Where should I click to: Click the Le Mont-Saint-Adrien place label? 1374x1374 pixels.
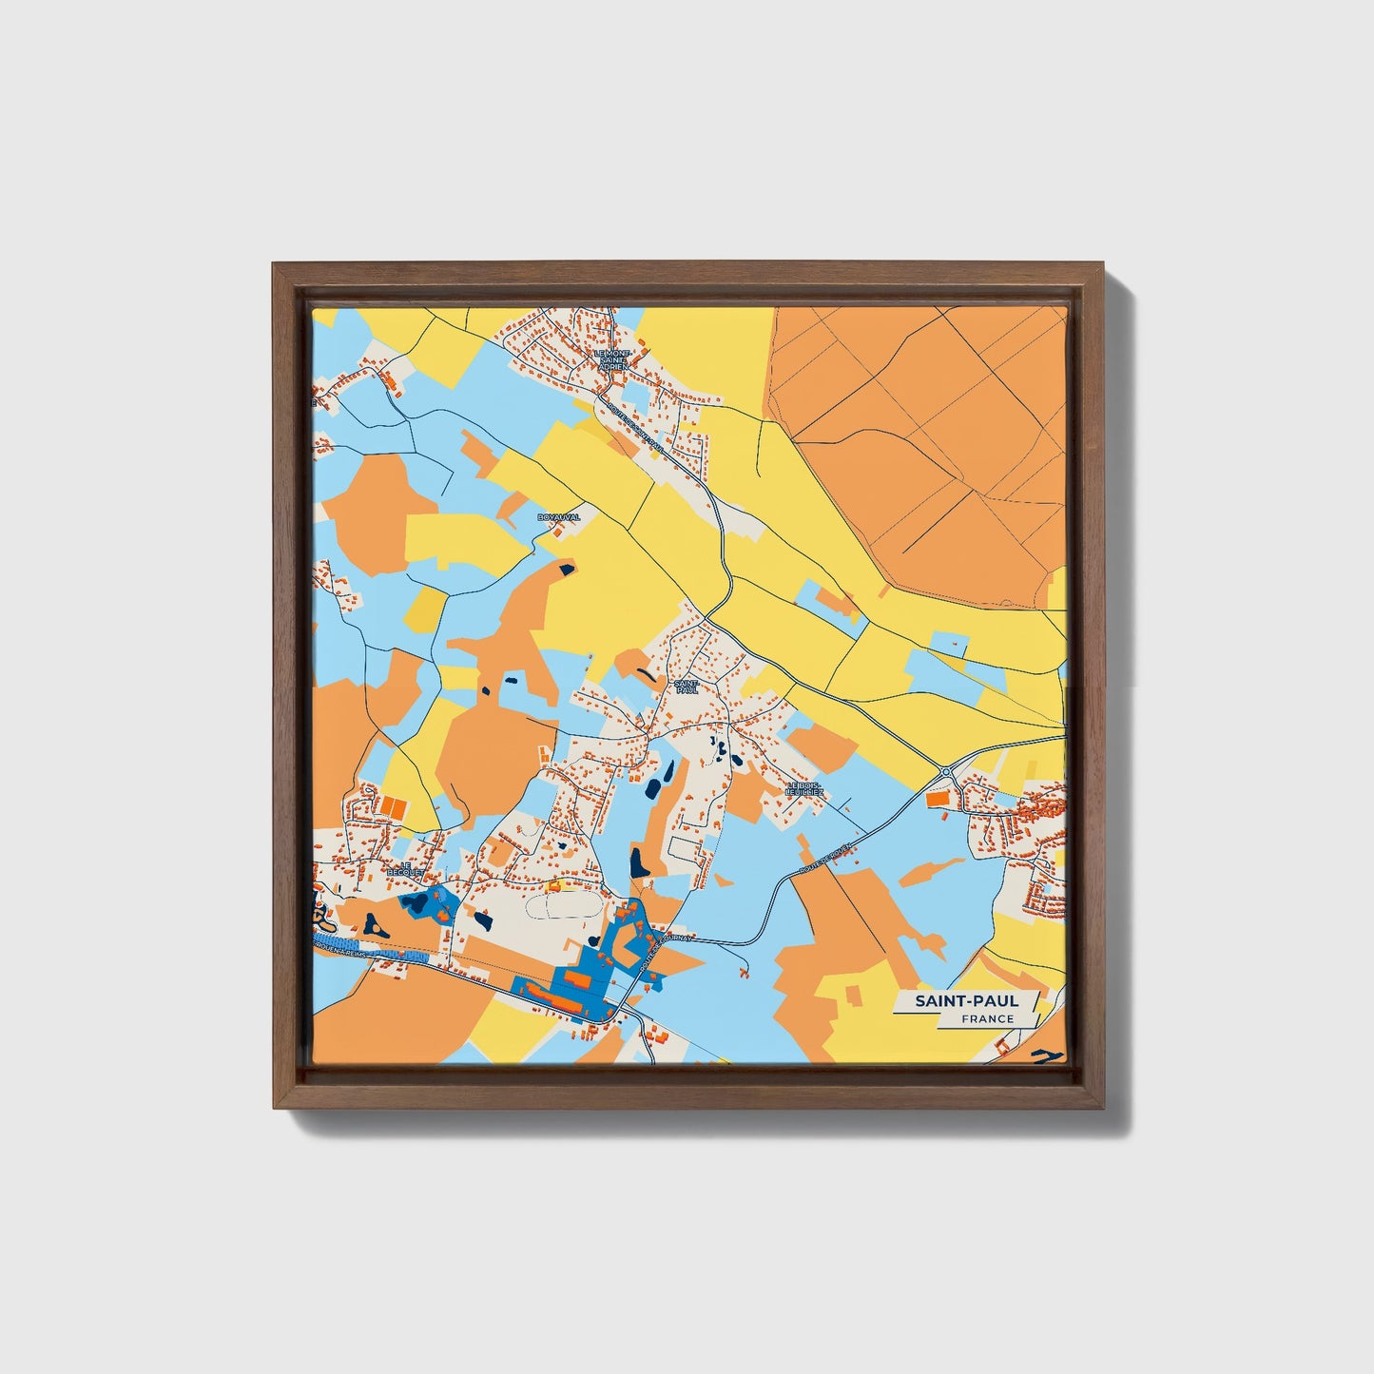click(x=611, y=360)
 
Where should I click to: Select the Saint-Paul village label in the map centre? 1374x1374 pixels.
click(x=686, y=687)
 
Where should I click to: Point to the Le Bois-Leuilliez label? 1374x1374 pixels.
click(x=804, y=788)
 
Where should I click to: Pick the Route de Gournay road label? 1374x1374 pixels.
click(x=668, y=950)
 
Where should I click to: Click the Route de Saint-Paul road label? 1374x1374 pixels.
click(x=632, y=421)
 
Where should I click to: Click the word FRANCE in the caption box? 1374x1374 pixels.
click(x=987, y=1018)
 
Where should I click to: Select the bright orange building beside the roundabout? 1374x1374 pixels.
click(x=938, y=801)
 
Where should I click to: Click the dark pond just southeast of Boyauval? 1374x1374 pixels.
click(x=568, y=570)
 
